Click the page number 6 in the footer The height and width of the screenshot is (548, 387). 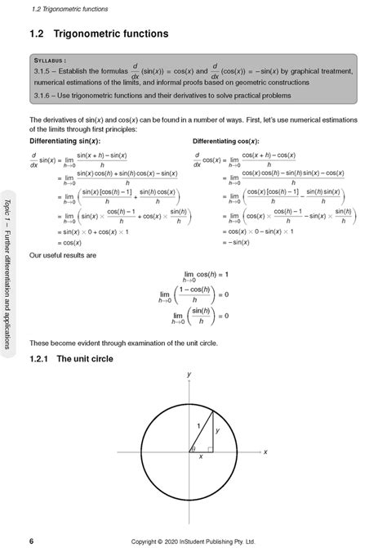coord(31,540)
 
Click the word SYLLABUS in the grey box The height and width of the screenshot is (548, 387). coord(53,61)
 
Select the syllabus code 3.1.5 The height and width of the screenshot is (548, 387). coord(45,73)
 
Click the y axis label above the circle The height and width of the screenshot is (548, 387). coord(189,374)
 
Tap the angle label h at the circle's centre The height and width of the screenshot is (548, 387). coord(193,448)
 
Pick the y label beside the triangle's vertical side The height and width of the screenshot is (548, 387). coord(216,429)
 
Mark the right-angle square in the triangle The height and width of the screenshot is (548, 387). coord(210,448)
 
